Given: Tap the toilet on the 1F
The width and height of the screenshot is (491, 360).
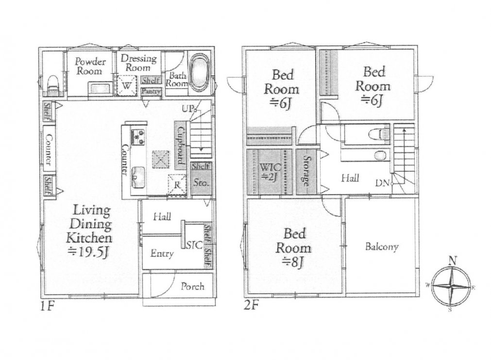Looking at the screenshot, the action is pos(52,85).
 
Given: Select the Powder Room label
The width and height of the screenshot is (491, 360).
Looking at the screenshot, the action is pos(90,66).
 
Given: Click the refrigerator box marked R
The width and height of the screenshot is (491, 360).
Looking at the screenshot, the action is pos(177,184).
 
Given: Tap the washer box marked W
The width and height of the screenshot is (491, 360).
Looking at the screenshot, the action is pos(126,85).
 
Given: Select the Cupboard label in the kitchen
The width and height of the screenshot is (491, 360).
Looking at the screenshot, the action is pos(181,146).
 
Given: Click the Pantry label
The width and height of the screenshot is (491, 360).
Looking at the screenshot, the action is pos(151,92).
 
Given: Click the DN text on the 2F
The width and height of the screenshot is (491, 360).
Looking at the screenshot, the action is pos(382,183).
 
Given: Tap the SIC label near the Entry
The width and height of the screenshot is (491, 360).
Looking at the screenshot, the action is pos(194,245).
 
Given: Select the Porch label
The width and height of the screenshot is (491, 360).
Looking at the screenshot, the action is pos(193,286).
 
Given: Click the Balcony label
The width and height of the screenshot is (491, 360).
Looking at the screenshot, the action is pos(382,247).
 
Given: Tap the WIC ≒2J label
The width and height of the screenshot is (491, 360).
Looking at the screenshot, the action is pos(270,171).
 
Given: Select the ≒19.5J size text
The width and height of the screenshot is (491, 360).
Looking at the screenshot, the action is pos(88,252).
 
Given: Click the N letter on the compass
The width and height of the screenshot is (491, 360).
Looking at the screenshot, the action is pos(452,260).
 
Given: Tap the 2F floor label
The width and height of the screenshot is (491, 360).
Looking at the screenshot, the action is pos(251,305).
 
